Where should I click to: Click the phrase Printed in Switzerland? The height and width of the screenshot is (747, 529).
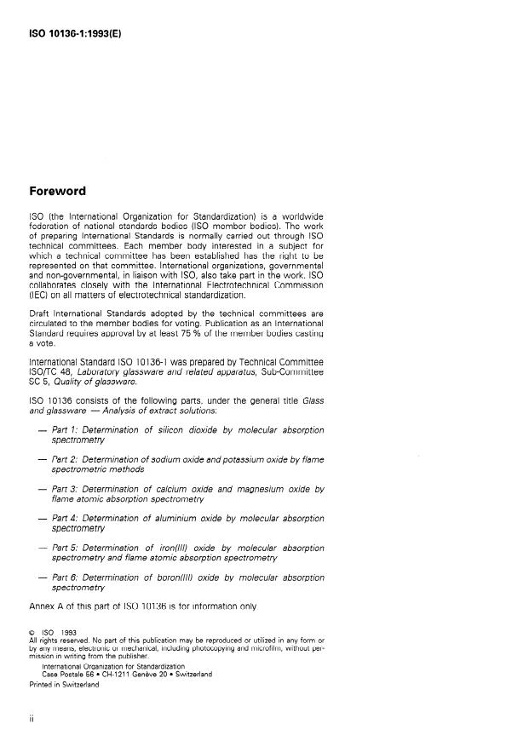pos(65,683)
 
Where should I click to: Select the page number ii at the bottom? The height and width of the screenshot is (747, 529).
pos(32,719)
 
